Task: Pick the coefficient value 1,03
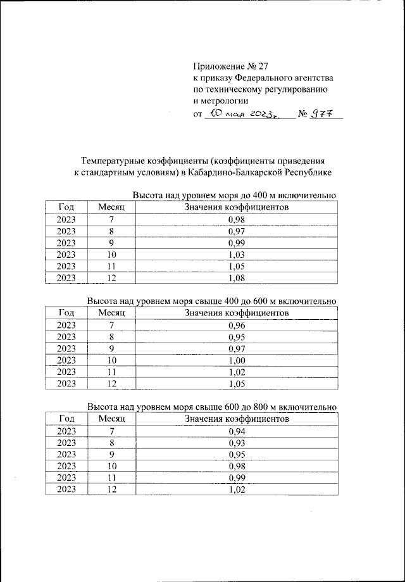coord(236,254)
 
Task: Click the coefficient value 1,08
coord(236,277)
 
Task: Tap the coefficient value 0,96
coord(236,325)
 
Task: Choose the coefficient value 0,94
coord(236,431)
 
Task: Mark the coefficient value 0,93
coord(236,443)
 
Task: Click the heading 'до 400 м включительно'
coord(285,195)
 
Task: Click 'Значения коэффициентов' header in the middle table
coord(236,313)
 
